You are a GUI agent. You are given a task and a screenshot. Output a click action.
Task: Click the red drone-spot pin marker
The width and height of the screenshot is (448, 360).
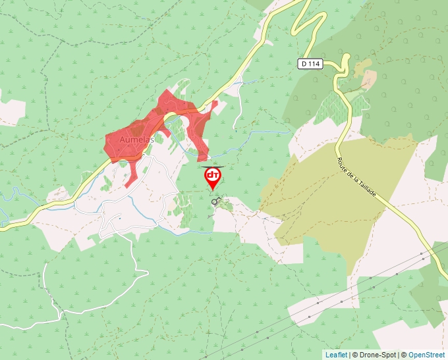pos(213,176)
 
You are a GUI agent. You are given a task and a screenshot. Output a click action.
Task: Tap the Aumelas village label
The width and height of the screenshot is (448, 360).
pos(136,140)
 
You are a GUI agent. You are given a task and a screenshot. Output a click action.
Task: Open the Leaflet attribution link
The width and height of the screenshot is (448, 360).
pos(336,355)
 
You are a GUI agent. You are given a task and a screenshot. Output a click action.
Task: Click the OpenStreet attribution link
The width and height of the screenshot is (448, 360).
pos(427,355)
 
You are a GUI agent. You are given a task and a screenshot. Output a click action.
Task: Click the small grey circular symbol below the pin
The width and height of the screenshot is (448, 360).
pos(215,203)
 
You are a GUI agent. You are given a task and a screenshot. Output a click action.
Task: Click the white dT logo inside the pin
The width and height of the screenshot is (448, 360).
pos(213,175)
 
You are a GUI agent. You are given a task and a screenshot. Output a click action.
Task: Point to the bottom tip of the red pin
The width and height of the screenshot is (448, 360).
pos(213,191)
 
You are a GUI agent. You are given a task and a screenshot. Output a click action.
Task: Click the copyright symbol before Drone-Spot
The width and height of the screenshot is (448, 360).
pos(356,355)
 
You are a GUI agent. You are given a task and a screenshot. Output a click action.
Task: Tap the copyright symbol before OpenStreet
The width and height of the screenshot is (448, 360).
pos(404,355)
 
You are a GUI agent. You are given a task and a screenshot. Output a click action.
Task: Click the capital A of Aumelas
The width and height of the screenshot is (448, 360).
pos(123,140)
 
